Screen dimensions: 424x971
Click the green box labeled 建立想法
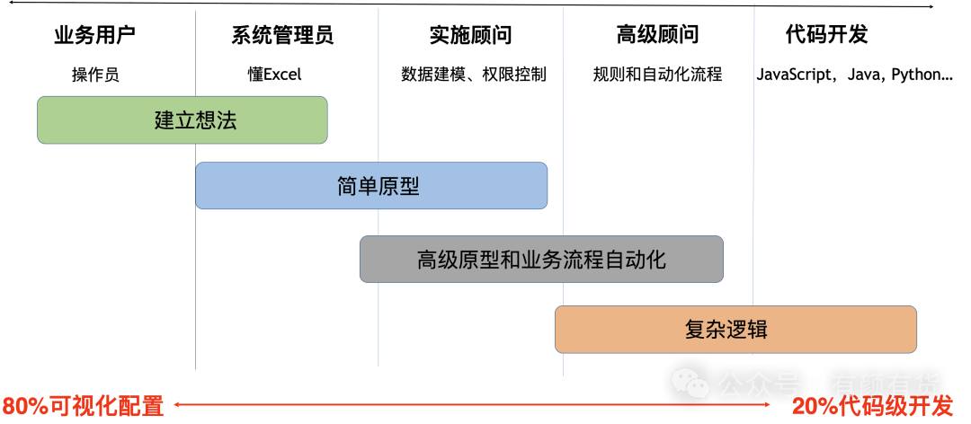pos(182,120)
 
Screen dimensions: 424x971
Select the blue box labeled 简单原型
pos(371,186)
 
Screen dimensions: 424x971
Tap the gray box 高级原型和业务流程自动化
pos(541,260)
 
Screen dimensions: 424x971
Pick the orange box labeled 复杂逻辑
pos(735,329)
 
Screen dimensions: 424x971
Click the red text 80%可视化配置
pos(83,406)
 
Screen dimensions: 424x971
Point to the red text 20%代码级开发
pos(871,406)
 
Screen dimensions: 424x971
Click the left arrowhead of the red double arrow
pos(176,405)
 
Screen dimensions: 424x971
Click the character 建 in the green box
pos(165,120)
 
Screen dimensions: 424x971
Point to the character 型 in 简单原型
pos(409,187)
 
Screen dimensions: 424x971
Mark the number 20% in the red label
pos(813,406)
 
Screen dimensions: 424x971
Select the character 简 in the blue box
pos(347,187)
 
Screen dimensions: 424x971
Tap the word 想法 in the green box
pos(216,120)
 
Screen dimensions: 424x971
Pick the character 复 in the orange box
pos(695,329)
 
